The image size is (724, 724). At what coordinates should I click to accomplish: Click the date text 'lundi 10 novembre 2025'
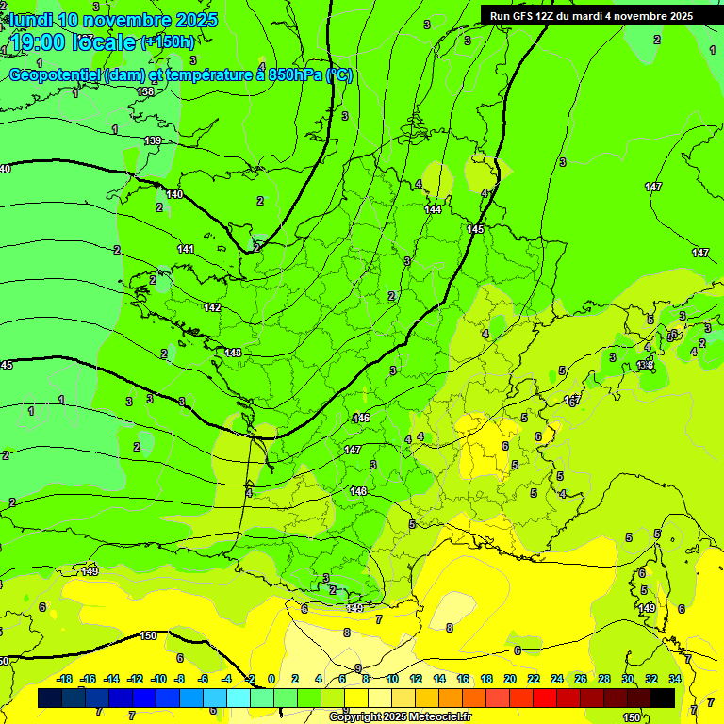click(113, 20)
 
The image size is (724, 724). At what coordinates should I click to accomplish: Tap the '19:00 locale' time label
click(74, 42)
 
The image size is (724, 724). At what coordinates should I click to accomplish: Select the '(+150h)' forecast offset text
click(168, 42)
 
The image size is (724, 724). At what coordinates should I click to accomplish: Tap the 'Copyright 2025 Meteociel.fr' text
click(400, 717)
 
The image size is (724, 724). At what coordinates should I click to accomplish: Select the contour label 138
click(144, 91)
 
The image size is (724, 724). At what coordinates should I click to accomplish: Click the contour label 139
click(153, 140)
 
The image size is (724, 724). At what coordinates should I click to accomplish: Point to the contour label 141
click(186, 249)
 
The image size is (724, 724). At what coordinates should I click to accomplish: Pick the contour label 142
click(212, 307)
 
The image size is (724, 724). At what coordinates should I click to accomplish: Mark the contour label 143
click(233, 353)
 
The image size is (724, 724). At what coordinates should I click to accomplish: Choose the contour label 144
click(433, 209)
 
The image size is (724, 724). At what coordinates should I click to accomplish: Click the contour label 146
click(361, 418)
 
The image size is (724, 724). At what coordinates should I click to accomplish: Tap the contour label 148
click(358, 491)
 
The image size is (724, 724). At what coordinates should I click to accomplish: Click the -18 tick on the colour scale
click(64, 679)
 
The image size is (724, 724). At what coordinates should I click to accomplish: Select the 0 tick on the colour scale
click(271, 679)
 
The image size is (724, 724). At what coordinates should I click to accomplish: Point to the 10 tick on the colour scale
click(392, 679)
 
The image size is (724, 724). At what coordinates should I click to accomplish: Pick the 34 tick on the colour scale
click(675, 679)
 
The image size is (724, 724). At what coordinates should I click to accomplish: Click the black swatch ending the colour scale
click(663, 698)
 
